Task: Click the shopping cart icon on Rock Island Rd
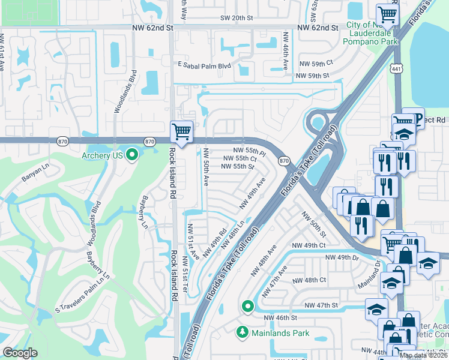[181, 130]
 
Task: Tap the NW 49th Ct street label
[309, 245]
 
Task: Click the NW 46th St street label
[278, 317]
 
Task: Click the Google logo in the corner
[20, 353]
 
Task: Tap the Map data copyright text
[424, 355]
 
